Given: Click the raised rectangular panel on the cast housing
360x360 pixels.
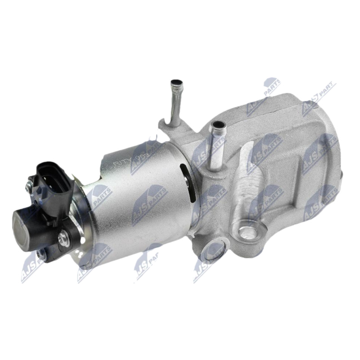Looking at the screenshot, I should coord(288,148).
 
